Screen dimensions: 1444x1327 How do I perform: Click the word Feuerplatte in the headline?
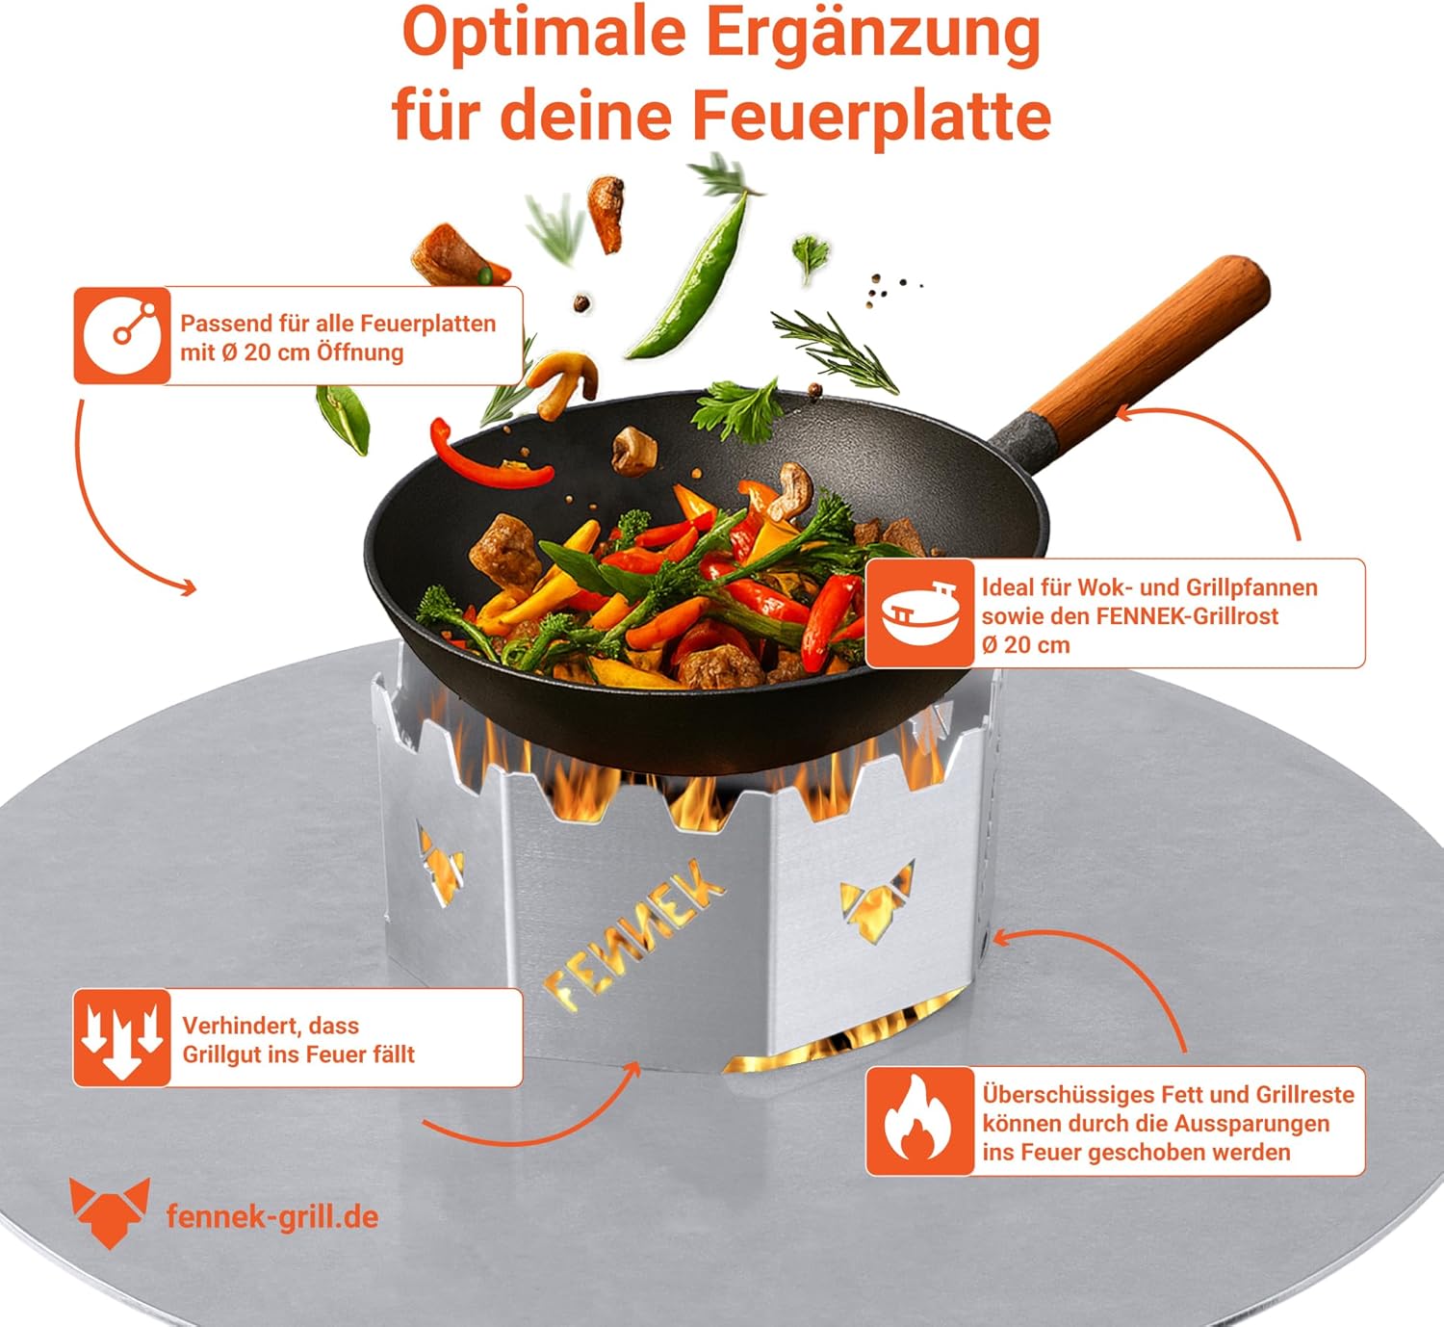pos(873,117)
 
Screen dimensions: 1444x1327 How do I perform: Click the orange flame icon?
pos(919,1122)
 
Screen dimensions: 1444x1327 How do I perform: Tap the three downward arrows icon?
pos(122,1037)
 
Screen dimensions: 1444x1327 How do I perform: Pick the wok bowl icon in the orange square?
pos(919,613)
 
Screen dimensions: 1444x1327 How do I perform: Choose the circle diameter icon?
pos(122,336)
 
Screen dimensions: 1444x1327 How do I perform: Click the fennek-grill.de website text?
pos(272,1216)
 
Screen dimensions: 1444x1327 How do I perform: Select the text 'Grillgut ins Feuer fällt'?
pos(298,1054)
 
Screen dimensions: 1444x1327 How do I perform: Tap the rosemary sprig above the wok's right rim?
pos(835,351)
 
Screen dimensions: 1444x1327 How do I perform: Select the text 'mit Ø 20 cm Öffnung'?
pos(292,352)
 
